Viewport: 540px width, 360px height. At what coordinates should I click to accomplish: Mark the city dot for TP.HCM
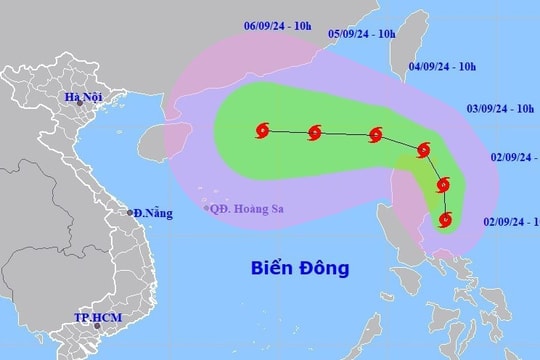(x=96, y=327)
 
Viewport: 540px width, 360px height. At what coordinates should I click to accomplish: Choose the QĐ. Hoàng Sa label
(x=245, y=209)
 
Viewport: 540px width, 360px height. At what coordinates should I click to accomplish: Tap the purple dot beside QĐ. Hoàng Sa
(x=206, y=209)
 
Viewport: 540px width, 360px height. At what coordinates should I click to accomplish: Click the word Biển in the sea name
(x=270, y=268)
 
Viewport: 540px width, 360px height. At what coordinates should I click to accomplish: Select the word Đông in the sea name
(x=324, y=268)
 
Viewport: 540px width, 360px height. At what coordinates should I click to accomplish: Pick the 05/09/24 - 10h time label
(x=363, y=33)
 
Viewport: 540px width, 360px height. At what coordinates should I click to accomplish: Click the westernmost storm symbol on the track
(x=264, y=129)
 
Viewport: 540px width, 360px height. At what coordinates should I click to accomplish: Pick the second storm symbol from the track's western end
(x=316, y=131)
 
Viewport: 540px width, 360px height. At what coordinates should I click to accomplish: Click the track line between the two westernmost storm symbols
(x=290, y=130)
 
